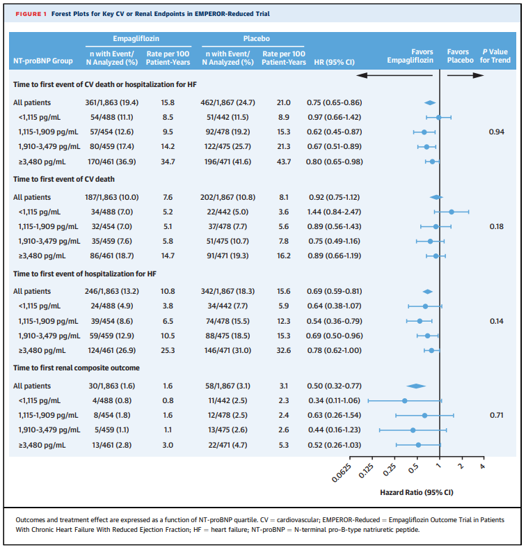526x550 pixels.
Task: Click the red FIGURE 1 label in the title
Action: tap(29, 13)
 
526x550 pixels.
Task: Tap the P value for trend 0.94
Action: tap(496, 132)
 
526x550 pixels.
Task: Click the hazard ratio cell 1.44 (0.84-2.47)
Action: tap(335, 211)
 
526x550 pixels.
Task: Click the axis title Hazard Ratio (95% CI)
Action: tap(416, 492)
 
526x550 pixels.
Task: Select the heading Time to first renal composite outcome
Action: tap(77, 368)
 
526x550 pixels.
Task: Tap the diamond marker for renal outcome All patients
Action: tap(416, 385)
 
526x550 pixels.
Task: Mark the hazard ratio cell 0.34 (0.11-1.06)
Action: tap(335, 400)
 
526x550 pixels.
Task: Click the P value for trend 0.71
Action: tap(496, 415)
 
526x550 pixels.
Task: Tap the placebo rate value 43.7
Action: tap(284, 162)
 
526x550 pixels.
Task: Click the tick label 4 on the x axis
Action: tap(482, 465)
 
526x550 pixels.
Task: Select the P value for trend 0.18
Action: tap(496, 226)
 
